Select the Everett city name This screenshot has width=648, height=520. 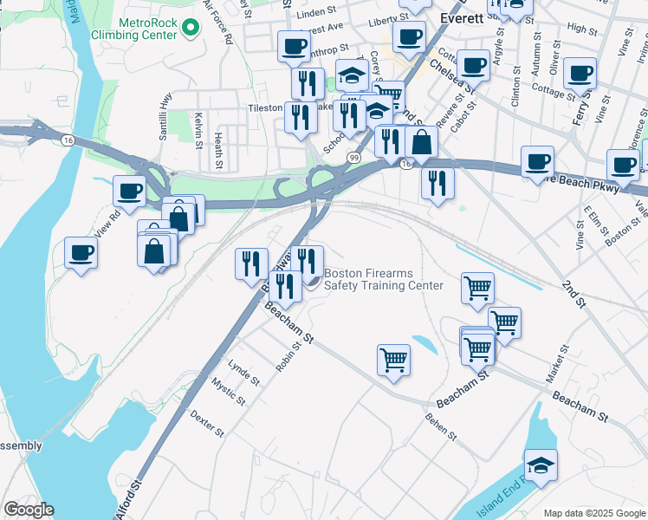click(x=469, y=16)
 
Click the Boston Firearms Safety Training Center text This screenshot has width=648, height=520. click(x=383, y=279)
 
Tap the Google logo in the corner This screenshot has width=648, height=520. click(x=29, y=510)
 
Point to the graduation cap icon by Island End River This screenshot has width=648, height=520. click(x=541, y=465)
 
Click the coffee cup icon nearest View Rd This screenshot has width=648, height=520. click(x=129, y=191)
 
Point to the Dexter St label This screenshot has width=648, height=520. click(x=207, y=423)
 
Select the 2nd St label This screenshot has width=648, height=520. click(x=573, y=294)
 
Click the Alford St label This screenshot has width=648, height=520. click(x=126, y=501)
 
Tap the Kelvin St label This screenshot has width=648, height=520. click(x=198, y=127)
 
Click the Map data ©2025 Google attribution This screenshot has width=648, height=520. click(x=593, y=513)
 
